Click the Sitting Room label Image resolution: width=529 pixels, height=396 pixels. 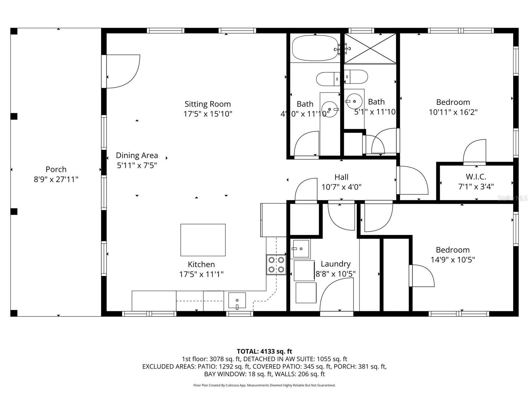pyautogui.click(x=208, y=104)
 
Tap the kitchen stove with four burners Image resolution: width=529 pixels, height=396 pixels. pyautogui.click(x=276, y=265)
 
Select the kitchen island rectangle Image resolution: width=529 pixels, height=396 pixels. pyautogui.click(x=203, y=240)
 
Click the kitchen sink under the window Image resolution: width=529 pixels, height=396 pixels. pyautogui.click(x=237, y=300)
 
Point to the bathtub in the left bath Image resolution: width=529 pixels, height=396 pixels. pyautogui.click(x=315, y=49)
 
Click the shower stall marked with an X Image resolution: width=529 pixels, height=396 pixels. pyautogui.click(x=370, y=49)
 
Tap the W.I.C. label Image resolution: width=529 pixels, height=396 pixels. pyautogui.click(x=476, y=177)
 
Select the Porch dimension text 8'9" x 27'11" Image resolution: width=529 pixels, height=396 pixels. pyautogui.click(x=56, y=180)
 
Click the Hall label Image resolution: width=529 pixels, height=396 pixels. pyautogui.click(x=341, y=177)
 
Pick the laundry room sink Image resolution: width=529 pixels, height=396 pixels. pyautogui.click(x=301, y=249)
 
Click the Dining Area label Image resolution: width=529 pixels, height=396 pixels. pyautogui.click(x=137, y=155)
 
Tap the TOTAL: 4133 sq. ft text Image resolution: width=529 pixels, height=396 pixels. pyautogui.click(x=264, y=351)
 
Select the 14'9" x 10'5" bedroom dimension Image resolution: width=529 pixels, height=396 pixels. pyautogui.click(x=453, y=260)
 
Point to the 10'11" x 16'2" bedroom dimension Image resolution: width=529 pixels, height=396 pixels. pyautogui.click(x=453, y=112)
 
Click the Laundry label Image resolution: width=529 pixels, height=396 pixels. pyautogui.click(x=336, y=264)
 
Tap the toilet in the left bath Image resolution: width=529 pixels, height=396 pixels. pyautogui.click(x=327, y=79)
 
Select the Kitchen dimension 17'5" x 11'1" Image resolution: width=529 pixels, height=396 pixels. pyautogui.click(x=201, y=274)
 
